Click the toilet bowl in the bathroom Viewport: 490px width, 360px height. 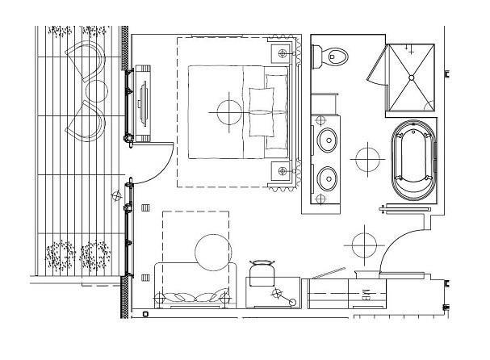click(x=334, y=57)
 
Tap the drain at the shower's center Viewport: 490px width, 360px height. click(x=411, y=77)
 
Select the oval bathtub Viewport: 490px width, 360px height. click(x=413, y=160)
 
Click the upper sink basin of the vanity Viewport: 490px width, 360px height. click(x=327, y=140)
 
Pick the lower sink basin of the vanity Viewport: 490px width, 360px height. click(x=327, y=178)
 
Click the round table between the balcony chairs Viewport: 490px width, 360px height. click(x=97, y=91)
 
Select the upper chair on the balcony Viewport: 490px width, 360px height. click(x=86, y=61)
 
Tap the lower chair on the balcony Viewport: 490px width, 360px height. click(x=86, y=121)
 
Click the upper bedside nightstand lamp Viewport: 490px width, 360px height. click(x=283, y=53)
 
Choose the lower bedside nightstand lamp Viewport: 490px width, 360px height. click(x=283, y=171)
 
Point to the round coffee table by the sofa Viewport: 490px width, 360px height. click(x=213, y=253)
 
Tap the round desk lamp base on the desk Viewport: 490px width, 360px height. click(x=292, y=302)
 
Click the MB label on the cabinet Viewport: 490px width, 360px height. click(x=366, y=295)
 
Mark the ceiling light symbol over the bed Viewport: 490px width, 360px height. click(x=229, y=112)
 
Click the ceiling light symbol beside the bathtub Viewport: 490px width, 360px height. click(x=367, y=159)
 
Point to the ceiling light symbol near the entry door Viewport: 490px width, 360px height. click(x=364, y=245)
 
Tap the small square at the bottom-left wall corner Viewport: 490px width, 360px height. click(x=145, y=314)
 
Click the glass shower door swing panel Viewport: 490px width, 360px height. click(x=377, y=64)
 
